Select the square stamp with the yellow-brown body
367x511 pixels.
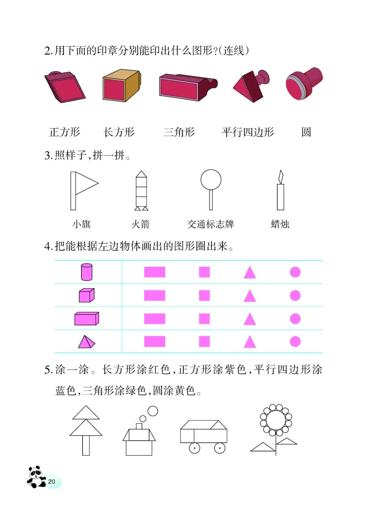(x=121, y=86)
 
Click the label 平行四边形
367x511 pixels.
(x=248, y=132)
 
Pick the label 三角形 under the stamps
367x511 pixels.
(x=179, y=132)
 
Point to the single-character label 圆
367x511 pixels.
(x=306, y=132)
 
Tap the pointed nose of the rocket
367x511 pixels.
(x=141, y=174)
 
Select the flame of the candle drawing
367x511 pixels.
(x=281, y=177)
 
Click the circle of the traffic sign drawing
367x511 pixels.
(x=211, y=179)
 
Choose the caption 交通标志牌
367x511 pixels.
(x=210, y=224)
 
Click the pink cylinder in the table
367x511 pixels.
(x=87, y=272)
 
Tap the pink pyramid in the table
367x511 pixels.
(x=86, y=342)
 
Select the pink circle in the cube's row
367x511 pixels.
(x=295, y=296)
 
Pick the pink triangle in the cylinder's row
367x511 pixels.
(x=249, y=273)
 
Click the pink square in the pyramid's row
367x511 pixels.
(x=204, y=341)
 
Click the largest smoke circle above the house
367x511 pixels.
(x=153, y=411)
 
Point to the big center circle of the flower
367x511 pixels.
(x=276, y=420)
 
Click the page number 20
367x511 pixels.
(x=52, y=481)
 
